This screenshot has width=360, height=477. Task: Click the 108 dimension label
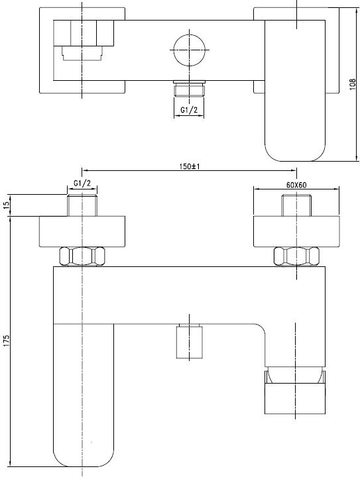(353, 84)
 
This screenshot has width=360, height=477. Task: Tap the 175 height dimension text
(7, 341)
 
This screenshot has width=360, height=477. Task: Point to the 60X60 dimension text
(296, 185)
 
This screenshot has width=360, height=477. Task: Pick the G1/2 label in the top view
(189, 110)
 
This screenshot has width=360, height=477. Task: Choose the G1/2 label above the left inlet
(82, 184)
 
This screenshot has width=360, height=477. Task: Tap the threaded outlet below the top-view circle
(189, 89)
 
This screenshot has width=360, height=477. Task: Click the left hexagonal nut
(82, 256)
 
